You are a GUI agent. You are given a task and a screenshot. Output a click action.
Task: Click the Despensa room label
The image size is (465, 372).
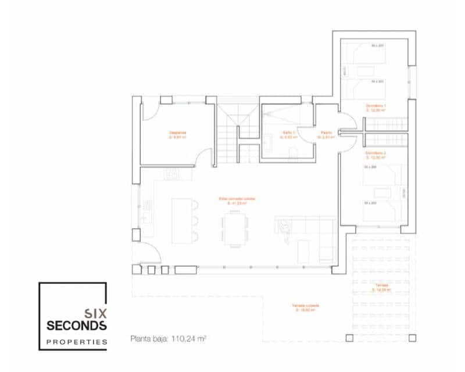pos(178,133)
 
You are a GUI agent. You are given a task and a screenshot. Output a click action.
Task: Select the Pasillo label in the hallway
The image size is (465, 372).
pos(326,133)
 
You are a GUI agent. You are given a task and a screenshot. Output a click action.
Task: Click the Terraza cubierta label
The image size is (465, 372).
pos(306,306)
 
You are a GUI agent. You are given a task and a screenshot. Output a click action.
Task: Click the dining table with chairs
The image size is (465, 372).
pos(235,227)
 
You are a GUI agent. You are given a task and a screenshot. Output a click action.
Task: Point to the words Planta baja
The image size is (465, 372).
pos(150,338)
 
